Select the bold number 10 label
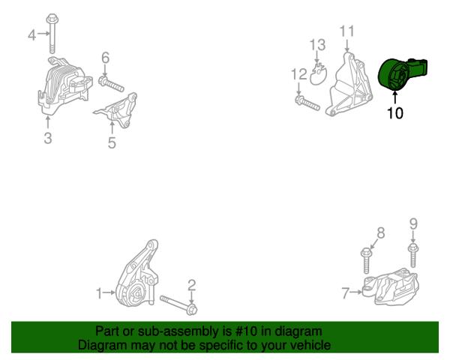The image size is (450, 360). [395, 113]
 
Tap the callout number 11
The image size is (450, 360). [347, 31]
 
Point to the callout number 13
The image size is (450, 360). [318, 45]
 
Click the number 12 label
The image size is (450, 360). [299, 74]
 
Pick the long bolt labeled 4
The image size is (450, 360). [52, 33]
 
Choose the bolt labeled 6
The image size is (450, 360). [111, 84]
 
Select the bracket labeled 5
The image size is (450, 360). [117, 109]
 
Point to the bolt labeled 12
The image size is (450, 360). [307, 103]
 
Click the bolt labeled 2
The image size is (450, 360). [178, 305]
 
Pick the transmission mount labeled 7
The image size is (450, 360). [390, 286]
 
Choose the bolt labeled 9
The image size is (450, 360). [412, 255]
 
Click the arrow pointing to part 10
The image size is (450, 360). [395, 97]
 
